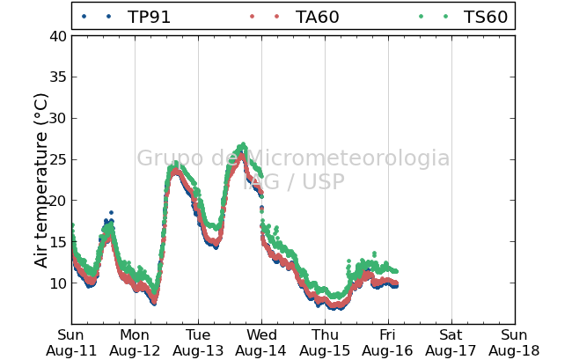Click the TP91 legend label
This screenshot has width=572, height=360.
coord(149,17)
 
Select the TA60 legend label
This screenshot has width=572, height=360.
coord(317,17)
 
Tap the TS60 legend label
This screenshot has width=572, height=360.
coord(485,17)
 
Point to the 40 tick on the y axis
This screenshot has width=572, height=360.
coord(58,36)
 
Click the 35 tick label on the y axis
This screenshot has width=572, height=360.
coord(58,77)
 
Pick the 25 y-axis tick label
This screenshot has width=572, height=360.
coord(58,159)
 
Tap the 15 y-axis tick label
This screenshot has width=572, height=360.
coord(58,242)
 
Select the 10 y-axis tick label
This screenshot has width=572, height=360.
coord(58,283)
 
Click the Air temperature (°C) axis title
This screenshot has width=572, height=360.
coord(40,181)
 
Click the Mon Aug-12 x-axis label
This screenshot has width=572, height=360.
coord(135,343)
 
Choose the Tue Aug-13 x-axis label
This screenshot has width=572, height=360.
coord(198,343)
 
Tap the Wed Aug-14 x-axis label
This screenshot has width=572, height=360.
coord(261,343)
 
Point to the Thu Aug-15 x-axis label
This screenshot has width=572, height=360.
coord(325,343)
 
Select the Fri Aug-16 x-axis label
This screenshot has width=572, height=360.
coord(388,343)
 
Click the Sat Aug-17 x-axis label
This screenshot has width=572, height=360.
coord(451,343)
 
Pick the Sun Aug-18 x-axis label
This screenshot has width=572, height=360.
coord(514,343)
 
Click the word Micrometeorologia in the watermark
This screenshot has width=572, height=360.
coord(348,158)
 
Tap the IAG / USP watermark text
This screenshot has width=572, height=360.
coord(294,181)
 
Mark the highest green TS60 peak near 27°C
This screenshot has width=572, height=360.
coord(243,144)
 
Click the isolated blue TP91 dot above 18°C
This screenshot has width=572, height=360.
coord(111,213)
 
